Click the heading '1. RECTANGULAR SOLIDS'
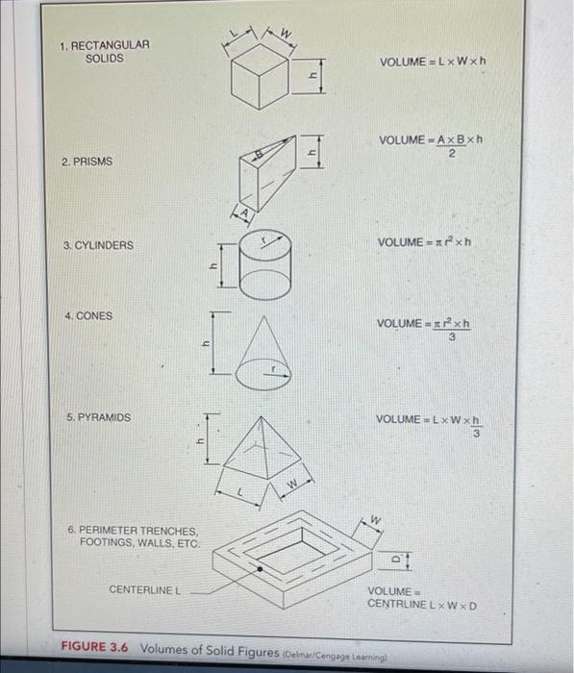[104, 51]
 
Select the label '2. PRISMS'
[87, 162]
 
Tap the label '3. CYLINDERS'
[98, 246]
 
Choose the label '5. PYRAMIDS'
[99, 418]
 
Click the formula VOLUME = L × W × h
[433, 62]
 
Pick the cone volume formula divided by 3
[430, 329]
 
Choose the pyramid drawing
[262, 452]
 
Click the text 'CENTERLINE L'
[145, 589]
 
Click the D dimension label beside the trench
[394, 557]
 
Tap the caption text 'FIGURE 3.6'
[95, 647]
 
